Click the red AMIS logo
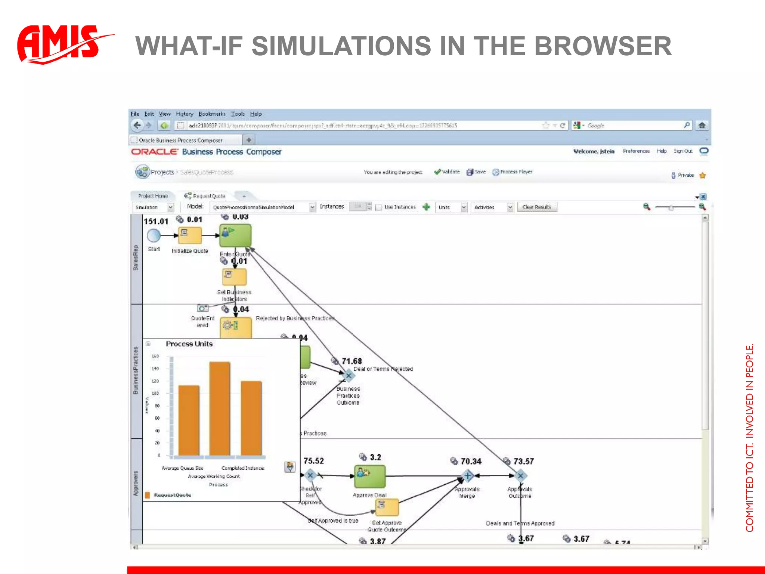60,44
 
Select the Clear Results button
537,207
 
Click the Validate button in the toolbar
447,172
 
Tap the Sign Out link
683,151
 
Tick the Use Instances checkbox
379,207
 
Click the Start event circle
154,235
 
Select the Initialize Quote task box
190,235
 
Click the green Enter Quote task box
235,235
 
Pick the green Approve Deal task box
369,476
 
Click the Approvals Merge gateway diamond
467,476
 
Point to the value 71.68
351,361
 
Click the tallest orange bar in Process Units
220,409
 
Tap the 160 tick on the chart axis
155,356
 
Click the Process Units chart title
189,344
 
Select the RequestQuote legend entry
172,495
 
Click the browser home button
702,126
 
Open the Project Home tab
153,196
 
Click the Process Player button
512,172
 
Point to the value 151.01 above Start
156,221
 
